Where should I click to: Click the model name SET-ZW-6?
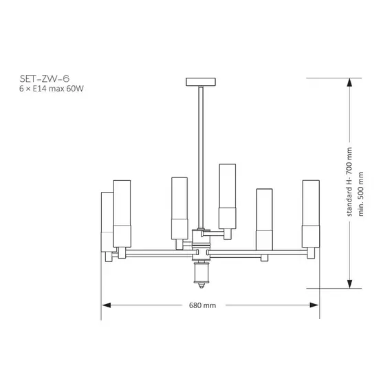coord(44,79)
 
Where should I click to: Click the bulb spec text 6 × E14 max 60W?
coord(52,89)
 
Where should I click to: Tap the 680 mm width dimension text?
coord(202,305)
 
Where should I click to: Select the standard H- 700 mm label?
coord(349,182)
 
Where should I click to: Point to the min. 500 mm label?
coord(360,194)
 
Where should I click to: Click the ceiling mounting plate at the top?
coord(201,82)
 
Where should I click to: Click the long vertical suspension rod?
coord(201,157)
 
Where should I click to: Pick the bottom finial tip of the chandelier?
coord(202,285)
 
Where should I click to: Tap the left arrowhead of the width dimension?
coord(107,305)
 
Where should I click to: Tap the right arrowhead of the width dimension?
coord(314,305)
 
